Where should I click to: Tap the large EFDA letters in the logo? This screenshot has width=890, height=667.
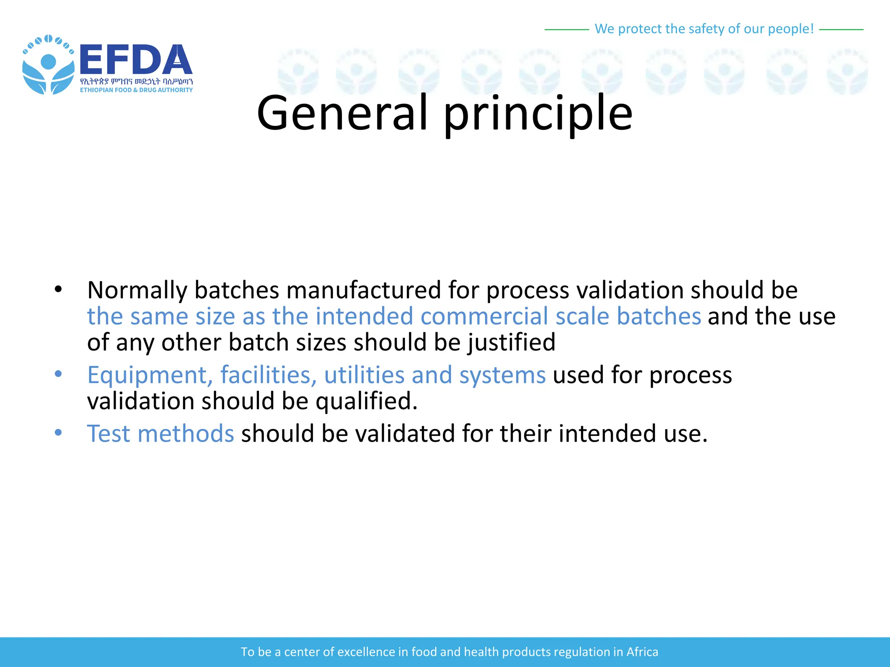(136, 60)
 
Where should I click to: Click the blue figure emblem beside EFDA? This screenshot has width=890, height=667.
(48, 65)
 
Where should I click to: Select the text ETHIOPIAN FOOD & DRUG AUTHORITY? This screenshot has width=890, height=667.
(136, 90)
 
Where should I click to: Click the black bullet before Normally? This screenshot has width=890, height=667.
(58, 289)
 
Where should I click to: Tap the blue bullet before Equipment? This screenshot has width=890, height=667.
(58, 374)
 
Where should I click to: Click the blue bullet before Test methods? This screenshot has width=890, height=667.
(58, 433)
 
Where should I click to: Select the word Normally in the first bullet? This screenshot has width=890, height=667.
(137, 290)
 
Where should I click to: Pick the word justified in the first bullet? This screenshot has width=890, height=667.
(511, 343)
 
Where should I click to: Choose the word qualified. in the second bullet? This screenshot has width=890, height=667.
(366, 401)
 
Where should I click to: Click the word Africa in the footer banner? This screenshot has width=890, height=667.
(642, 652)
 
